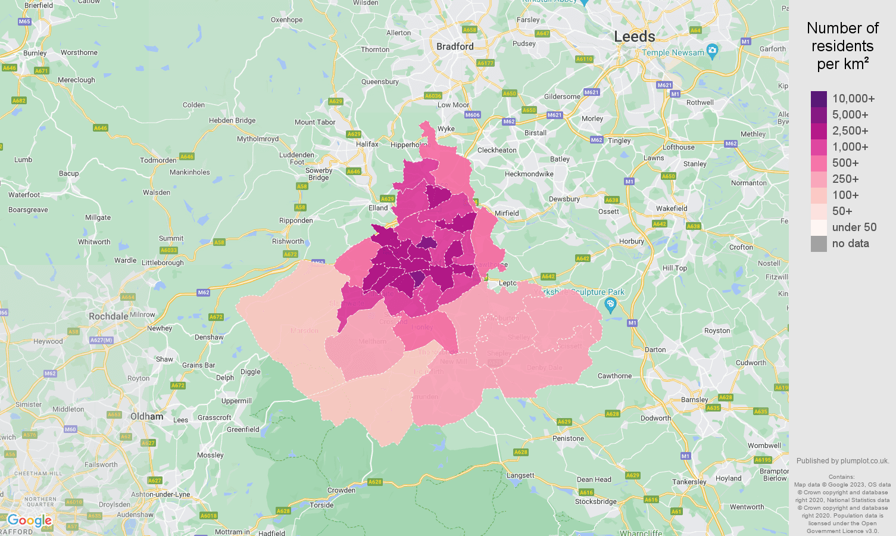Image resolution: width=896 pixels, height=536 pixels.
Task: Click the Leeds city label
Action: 634,36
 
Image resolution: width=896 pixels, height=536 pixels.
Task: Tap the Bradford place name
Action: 455,46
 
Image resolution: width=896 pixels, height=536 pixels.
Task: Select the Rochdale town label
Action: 108,316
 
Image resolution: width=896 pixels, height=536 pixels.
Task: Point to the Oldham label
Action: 146,417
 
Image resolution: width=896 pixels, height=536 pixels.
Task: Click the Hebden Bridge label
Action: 232,120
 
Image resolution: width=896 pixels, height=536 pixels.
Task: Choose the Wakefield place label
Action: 672,208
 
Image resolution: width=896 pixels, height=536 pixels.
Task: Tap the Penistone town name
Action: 568,438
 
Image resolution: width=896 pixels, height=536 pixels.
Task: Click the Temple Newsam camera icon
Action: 712,49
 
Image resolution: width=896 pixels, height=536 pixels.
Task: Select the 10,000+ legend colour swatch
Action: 819,99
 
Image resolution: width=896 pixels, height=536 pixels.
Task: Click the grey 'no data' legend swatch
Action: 819,244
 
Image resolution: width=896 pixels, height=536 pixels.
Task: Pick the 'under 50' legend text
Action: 854,228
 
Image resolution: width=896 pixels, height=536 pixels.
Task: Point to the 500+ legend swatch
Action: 819,163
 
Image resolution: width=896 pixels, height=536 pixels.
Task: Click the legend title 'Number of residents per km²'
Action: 842,46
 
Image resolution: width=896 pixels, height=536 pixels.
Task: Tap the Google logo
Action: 29,521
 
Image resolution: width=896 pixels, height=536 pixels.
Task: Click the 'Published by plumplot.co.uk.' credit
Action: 842,461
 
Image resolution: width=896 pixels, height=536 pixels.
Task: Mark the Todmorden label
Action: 158,160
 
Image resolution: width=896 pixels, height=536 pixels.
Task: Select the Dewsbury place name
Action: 564,199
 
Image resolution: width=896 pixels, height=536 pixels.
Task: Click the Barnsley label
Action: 694,400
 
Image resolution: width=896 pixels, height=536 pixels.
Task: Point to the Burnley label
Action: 35,53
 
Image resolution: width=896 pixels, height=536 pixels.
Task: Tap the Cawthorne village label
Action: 614,376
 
